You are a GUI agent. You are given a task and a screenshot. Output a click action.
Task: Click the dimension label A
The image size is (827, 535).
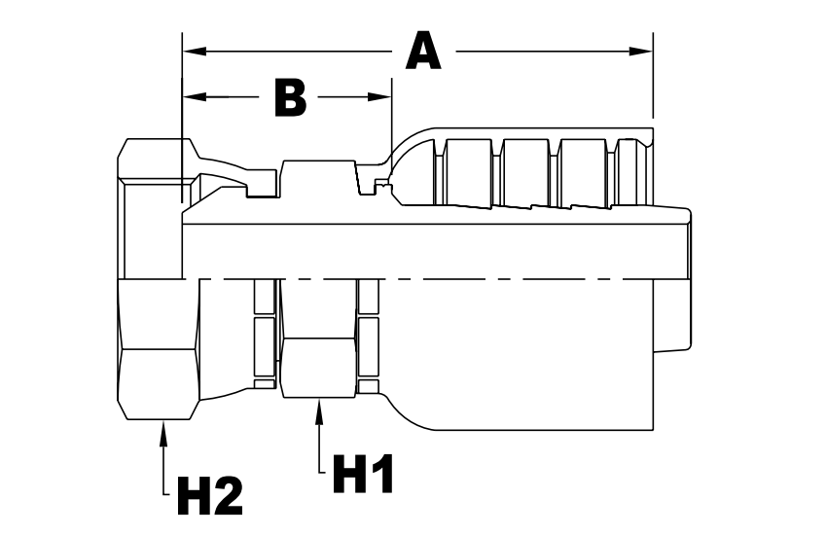(x=423, y=51)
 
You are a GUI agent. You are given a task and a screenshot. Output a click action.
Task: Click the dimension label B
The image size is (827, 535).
(x=290, y=97)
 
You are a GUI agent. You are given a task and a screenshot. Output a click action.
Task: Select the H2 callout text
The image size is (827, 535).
(x=209, y=495)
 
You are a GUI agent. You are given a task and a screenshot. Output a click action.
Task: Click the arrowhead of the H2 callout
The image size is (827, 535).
(x=162, y=429)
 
